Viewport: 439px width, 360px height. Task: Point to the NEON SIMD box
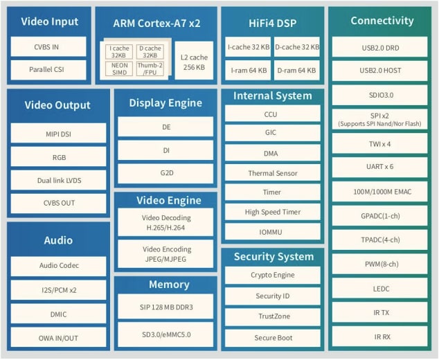119,69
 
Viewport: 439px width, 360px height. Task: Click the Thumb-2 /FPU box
150,69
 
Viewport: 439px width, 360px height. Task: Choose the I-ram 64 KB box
248,70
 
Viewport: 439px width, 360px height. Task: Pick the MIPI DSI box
59,133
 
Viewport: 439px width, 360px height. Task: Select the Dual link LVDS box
59,180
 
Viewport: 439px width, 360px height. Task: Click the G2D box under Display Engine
165,173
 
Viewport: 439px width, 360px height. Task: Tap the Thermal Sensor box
272,173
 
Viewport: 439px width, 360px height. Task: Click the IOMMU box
272,231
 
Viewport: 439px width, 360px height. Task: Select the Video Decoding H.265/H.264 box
165,222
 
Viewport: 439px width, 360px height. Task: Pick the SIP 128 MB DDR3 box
165,305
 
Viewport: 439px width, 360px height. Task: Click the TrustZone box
272,317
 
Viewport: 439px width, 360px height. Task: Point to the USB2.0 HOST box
380,71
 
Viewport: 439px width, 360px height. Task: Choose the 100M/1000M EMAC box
380,191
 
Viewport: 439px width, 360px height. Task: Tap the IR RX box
380,336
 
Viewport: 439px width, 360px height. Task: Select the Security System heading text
273,256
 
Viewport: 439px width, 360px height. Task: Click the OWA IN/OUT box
59,337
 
